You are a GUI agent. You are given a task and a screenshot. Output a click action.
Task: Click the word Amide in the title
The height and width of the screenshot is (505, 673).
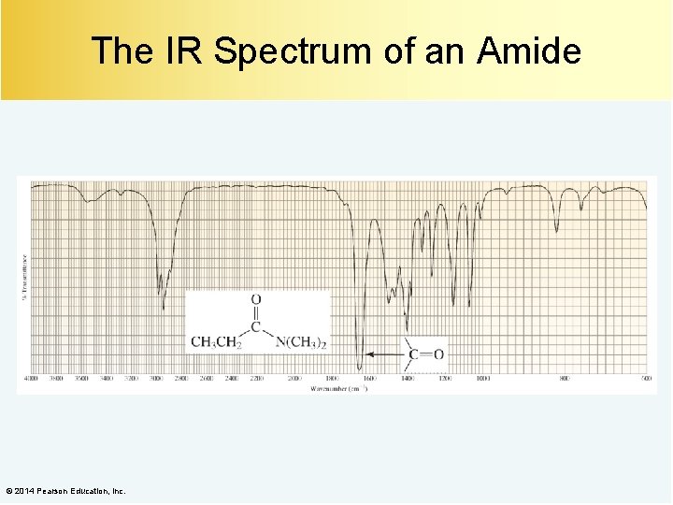tap(528, 50)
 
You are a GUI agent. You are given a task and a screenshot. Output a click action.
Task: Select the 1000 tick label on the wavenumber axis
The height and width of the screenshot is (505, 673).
tap(482, 379)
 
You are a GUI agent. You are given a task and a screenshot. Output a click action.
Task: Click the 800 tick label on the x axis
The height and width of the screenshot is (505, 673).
tap(564, 379)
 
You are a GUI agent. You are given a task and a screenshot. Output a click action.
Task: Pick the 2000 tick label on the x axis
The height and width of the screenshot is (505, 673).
tap(294, 379)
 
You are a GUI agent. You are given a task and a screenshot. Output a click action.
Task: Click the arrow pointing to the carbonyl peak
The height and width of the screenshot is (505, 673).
tap(385, 354)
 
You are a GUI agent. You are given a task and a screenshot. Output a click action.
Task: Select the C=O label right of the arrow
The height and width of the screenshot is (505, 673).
tap(425, 354)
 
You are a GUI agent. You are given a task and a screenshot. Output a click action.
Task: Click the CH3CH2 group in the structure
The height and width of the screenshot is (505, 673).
tap(216, 341)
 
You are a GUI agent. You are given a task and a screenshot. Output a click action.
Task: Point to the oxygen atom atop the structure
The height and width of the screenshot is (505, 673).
tap(256, 300)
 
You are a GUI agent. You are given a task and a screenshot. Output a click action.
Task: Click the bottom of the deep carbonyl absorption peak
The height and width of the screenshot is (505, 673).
tap(360, 369)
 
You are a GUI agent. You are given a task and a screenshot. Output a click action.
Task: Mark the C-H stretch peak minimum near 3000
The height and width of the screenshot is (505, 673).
tap(164, 307)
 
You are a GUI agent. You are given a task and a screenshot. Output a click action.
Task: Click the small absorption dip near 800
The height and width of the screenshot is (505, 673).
tap(557, 231)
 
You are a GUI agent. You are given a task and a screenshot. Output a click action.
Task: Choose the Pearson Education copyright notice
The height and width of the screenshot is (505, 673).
tap(64, 491)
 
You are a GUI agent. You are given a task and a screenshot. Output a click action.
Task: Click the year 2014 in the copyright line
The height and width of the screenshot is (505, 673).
tap(26, 491)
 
